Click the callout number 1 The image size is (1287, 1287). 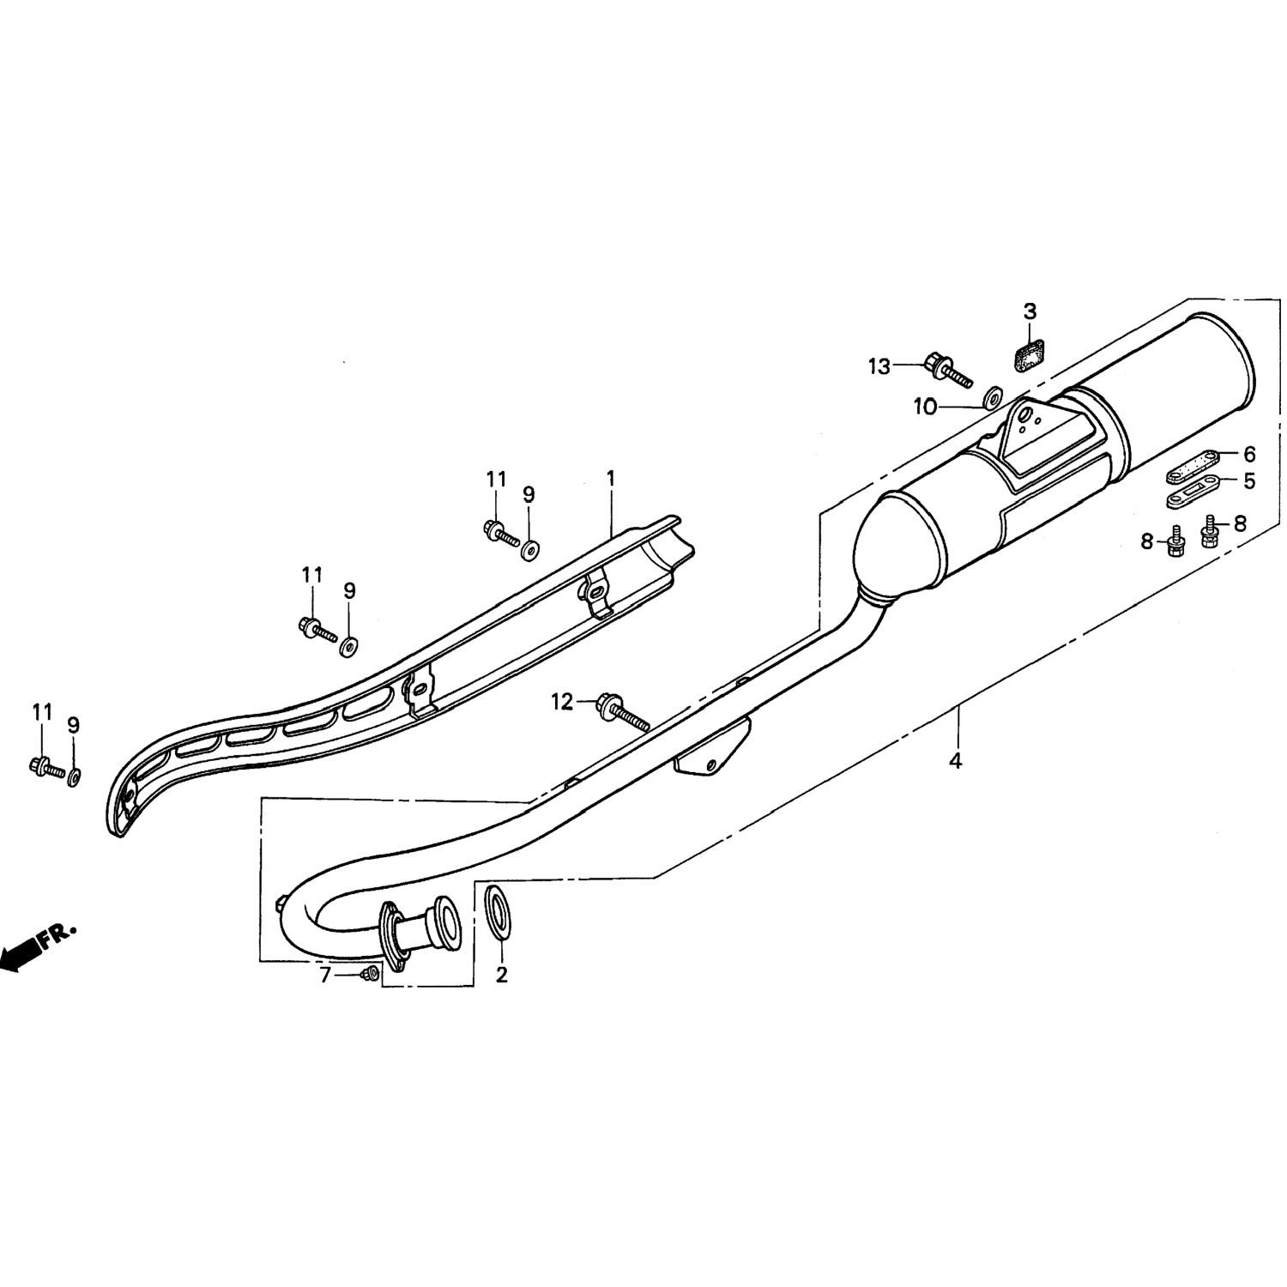click(611, 479)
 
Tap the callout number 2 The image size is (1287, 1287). click(502, 975)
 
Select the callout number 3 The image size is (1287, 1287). click(1030, 311)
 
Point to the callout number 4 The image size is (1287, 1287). click(956, 759)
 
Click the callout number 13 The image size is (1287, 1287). click(879, 367)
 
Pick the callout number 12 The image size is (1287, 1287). click(562, 703)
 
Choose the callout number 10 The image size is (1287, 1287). click(926, 408)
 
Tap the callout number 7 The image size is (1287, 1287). click(325, 976)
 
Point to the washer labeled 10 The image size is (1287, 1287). click(994, 396)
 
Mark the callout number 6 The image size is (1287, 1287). click(1249, 455)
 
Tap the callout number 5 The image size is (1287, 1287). click(1249, 481)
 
